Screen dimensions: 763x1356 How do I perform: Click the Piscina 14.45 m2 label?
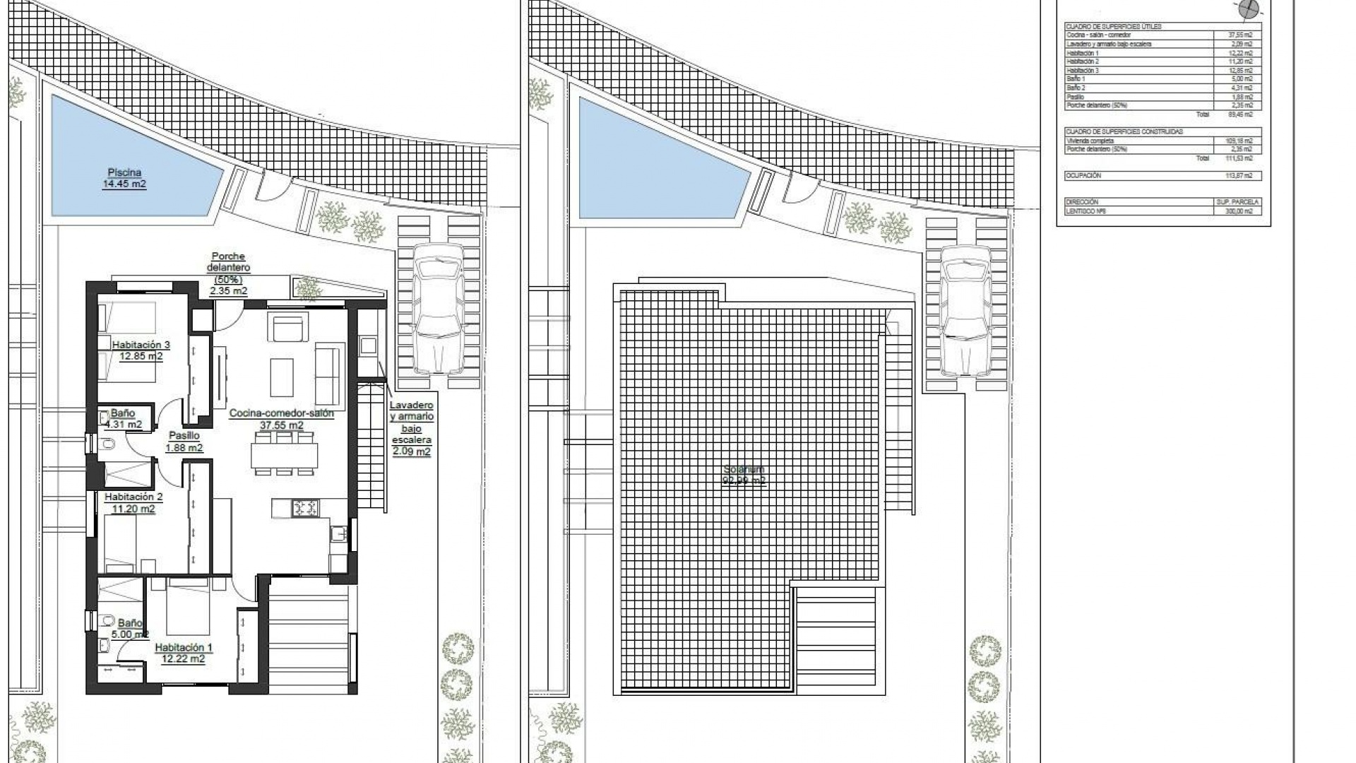pos(124,178)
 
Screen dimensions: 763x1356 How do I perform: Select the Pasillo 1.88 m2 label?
pos(184,442)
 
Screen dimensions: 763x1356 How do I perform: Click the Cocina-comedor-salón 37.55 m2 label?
pos(281,419)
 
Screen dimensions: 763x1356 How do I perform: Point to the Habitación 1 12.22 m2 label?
pos(183,653)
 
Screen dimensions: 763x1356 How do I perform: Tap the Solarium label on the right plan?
pos(744,475)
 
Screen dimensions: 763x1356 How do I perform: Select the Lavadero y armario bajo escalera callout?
pos(412,428)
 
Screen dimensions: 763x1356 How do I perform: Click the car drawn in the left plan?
pos(438,309)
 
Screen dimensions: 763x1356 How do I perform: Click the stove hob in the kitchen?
pos(306,507)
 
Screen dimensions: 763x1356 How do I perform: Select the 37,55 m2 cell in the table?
pos(1240,35)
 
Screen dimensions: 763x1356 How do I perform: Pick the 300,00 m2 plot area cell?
pos(1240,211)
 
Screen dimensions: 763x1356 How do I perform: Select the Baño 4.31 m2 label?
pos(123,419)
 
